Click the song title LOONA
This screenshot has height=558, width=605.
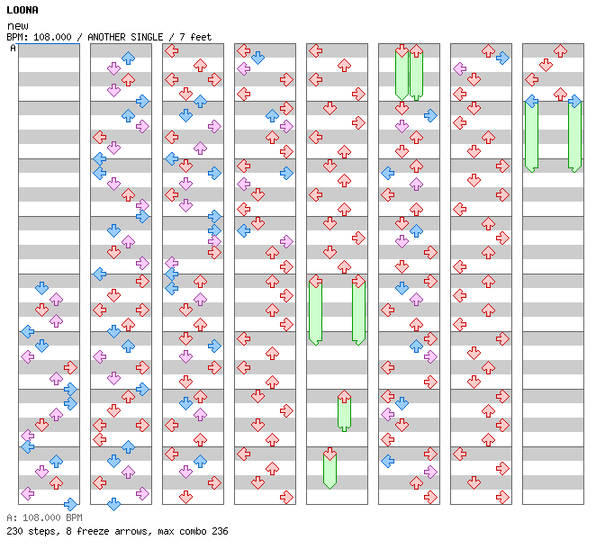click(23, 10)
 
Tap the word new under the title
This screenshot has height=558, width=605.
click(17, 26)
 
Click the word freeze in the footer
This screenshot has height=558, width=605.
click(89, 531)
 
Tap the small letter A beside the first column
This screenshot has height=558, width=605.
click(14, 48)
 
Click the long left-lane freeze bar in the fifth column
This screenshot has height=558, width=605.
click(315, 312)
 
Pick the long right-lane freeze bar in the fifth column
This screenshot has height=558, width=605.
click(358, 312)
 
